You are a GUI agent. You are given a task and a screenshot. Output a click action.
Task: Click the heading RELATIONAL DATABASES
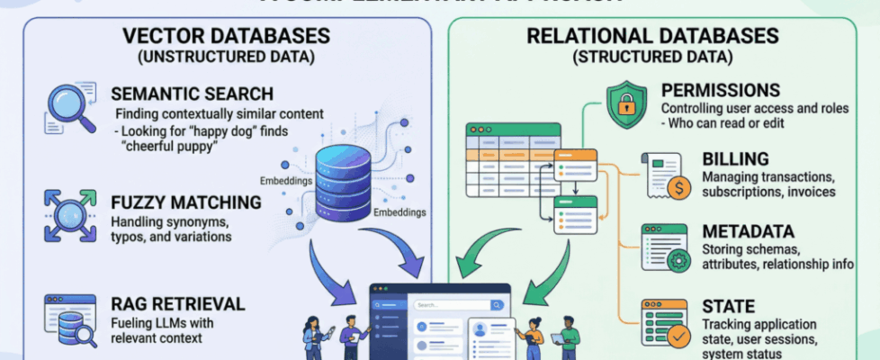point(652,37)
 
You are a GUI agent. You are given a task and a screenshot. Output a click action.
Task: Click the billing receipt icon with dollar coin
point(665,175)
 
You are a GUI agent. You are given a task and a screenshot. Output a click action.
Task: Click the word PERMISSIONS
point(720,91)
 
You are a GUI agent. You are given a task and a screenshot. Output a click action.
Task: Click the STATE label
point(728,307)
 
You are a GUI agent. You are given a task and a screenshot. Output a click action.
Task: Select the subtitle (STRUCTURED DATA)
point(652,58)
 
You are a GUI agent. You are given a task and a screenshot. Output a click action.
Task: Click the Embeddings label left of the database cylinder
point(284,180)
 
